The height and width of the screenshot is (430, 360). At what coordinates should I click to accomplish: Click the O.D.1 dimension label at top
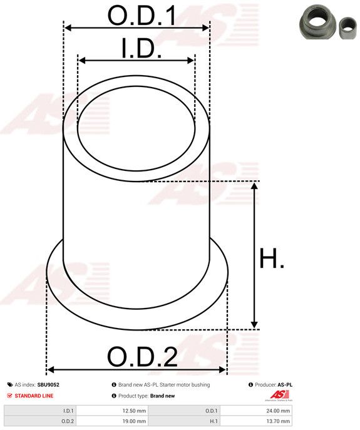[x=142, y=16]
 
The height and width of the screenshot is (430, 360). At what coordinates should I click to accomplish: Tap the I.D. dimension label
[x=141, y=48]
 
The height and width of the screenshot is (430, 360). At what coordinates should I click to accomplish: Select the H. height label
[x=271, y=258]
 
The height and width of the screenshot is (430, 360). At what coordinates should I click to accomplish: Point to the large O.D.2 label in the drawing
[x=142, y=357]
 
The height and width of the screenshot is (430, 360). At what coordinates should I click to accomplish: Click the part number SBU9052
[x=48, y=385]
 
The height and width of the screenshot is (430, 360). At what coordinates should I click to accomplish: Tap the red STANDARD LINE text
[x=34, y=396]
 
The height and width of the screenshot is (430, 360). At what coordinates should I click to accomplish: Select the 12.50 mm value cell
[x=134, y=411]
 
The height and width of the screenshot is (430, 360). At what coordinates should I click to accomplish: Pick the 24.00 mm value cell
[x=278, y=411]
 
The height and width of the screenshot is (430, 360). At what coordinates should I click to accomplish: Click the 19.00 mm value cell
[x=134, y=421]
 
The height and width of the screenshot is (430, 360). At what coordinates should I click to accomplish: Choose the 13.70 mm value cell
[x=278, y=421]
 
